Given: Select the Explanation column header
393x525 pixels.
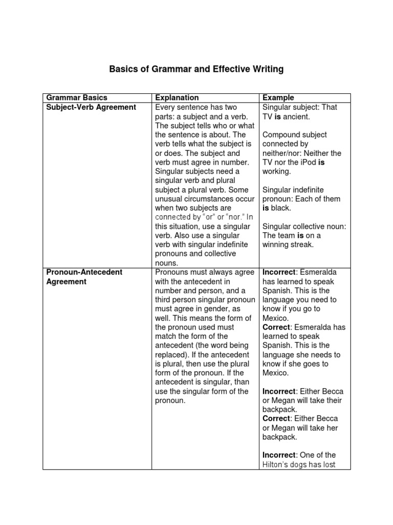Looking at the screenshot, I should coord(177,97).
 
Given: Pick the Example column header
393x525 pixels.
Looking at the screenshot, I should coord(278,97).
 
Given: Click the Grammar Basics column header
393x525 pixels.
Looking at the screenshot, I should coord(77,97).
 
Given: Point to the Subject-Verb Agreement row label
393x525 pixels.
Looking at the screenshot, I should coord(91,107).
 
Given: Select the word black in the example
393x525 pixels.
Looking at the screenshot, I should coord(281,208).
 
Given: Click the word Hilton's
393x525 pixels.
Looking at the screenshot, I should coord(276,466).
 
